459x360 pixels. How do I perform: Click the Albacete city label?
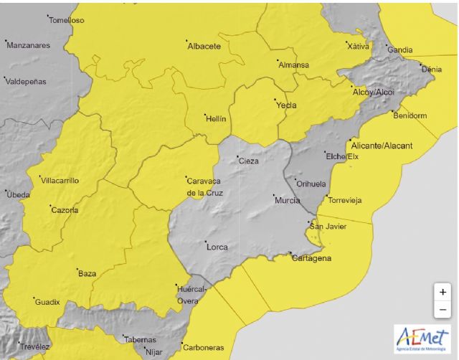pos(204,47)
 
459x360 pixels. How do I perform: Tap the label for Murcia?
pos(288,200)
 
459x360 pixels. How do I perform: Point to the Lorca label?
pos(217,247)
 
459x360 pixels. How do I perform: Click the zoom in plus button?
pos(443,292)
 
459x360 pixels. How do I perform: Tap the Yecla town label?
pos(286,105)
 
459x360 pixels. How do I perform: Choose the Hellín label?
pos(216,118)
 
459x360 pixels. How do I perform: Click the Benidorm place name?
pos(410,115)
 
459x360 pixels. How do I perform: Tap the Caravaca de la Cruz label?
pos(204,186)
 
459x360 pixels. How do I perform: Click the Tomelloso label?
pos(66,20)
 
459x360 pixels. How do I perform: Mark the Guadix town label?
pos(47,303)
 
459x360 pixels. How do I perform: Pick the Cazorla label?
pos(65,210)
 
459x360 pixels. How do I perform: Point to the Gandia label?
pos(399,50)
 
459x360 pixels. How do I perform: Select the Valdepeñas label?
pos(26,82)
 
